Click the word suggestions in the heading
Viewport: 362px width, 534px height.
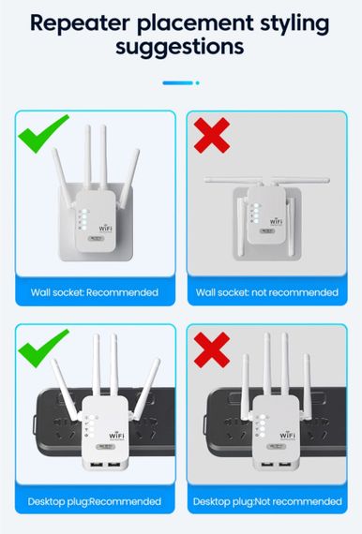(x=180, y=46)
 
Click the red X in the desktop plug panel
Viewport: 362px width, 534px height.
(x=212, y=350)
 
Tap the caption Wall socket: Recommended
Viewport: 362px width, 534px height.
(x=94, y=292)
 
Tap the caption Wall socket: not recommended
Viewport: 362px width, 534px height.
(x=266, y=292)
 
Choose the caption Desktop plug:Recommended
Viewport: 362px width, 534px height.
(x=94, y=503)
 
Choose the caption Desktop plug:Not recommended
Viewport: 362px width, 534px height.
(x=266, y=503)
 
